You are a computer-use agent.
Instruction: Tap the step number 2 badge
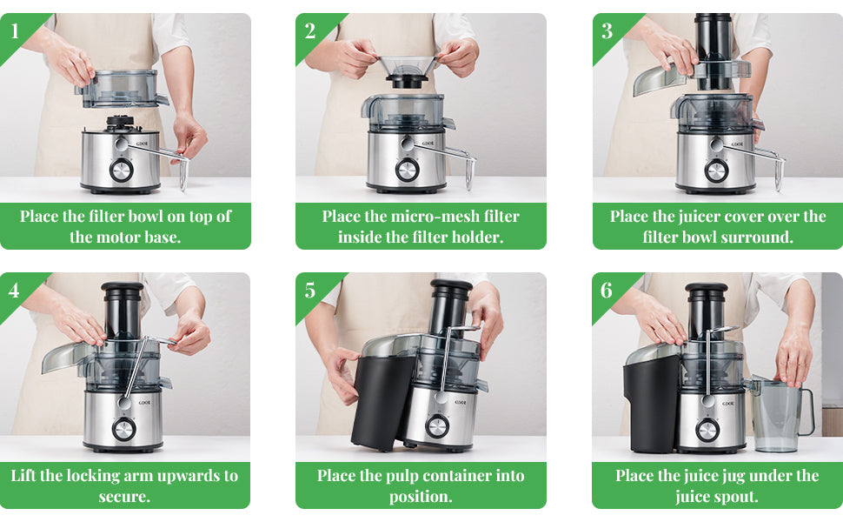tap(310, 31)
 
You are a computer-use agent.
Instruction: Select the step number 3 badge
tap(607, 31)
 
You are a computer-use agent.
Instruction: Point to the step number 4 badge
tap(14, 291)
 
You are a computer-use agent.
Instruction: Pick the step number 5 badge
tap(310, 291)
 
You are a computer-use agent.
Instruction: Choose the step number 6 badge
tap(607, 291)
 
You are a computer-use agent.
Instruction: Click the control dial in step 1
tap(122, 171)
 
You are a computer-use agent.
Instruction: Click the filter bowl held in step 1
tap(121, 89)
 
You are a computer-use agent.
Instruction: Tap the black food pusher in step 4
tap(123, 311)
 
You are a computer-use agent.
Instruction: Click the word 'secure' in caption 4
tap(124, 496)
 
